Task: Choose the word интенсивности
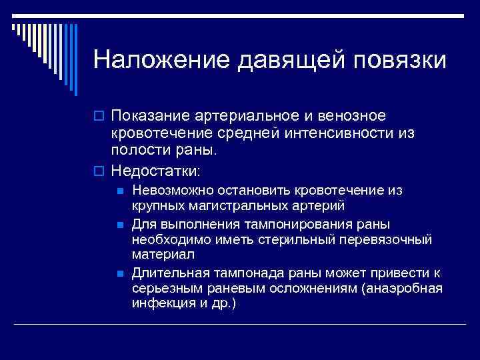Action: pyautogui.click(x=338, y=133)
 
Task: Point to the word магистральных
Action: pyautogui.click(x=227, y=207)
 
